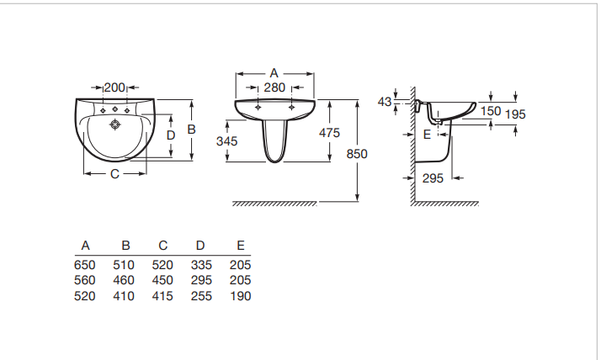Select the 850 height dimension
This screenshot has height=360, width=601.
358,154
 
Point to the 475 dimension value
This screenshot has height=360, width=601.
329,133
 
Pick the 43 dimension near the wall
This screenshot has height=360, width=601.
385,102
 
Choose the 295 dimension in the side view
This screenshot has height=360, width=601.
433,177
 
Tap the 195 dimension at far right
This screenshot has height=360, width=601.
515,114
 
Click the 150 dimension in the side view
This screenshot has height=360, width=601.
491,110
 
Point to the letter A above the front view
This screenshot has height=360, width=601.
274,73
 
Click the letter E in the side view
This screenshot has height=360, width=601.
427,134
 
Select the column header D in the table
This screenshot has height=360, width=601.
200,246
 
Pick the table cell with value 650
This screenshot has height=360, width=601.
86,265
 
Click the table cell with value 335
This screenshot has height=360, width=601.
200,265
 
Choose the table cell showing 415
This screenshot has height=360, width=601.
162,296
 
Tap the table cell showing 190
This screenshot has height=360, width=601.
240,296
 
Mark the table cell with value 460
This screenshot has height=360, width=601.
124,281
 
